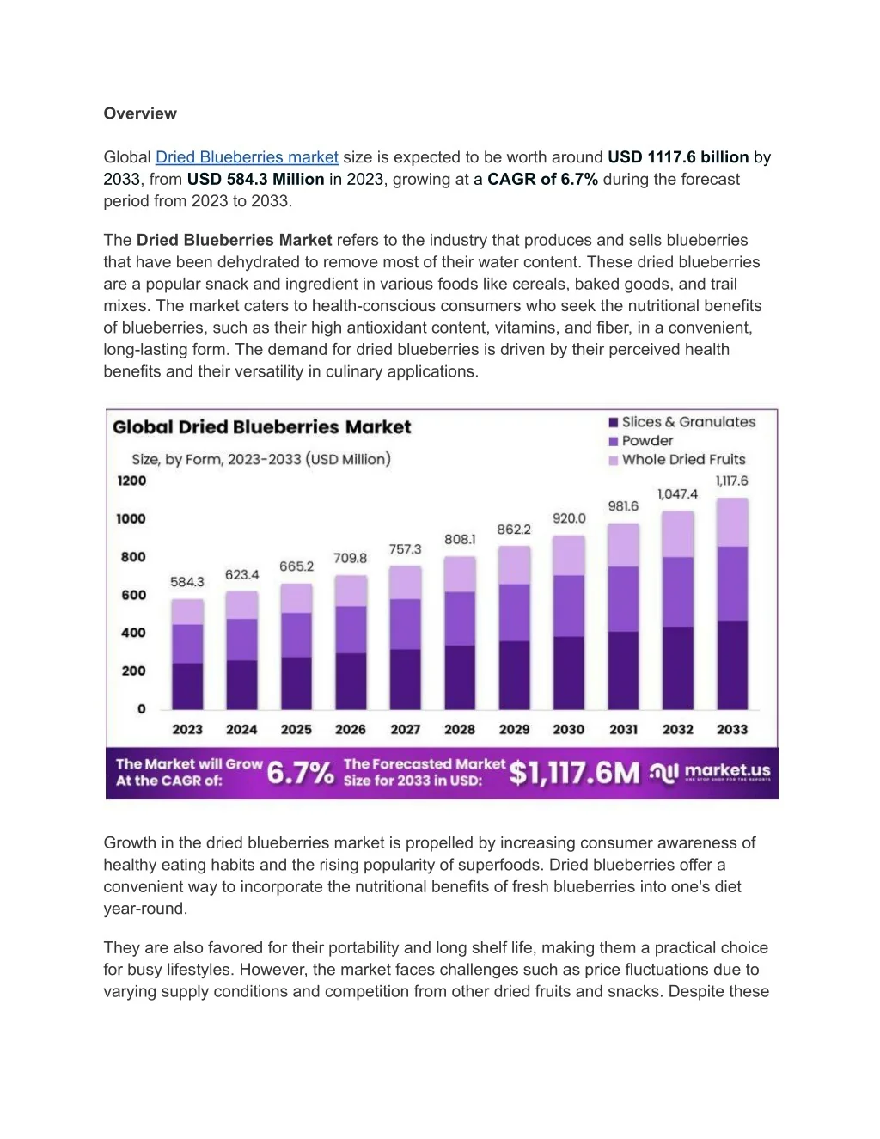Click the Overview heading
[140, 113]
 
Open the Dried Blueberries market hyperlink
[247, 157]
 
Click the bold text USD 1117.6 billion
[678, 157]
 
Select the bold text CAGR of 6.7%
[542, 179]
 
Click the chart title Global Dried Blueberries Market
[261, 427]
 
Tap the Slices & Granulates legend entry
[687, 422]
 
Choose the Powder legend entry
[647, 441]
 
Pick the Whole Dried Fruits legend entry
[683, 460]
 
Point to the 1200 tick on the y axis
[131, 481]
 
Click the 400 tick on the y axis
[133, 633]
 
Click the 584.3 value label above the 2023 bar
[187, 582]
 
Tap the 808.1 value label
[460, 539]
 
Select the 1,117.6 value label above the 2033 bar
[732, 481]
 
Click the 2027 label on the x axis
[406, 729]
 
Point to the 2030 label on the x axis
[569, 729]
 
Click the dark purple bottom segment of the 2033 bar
[732, 664]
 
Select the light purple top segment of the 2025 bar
[296, 598]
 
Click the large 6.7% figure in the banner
[300, 773]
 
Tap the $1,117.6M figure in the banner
[574, 773]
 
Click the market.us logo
[712, 772]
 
